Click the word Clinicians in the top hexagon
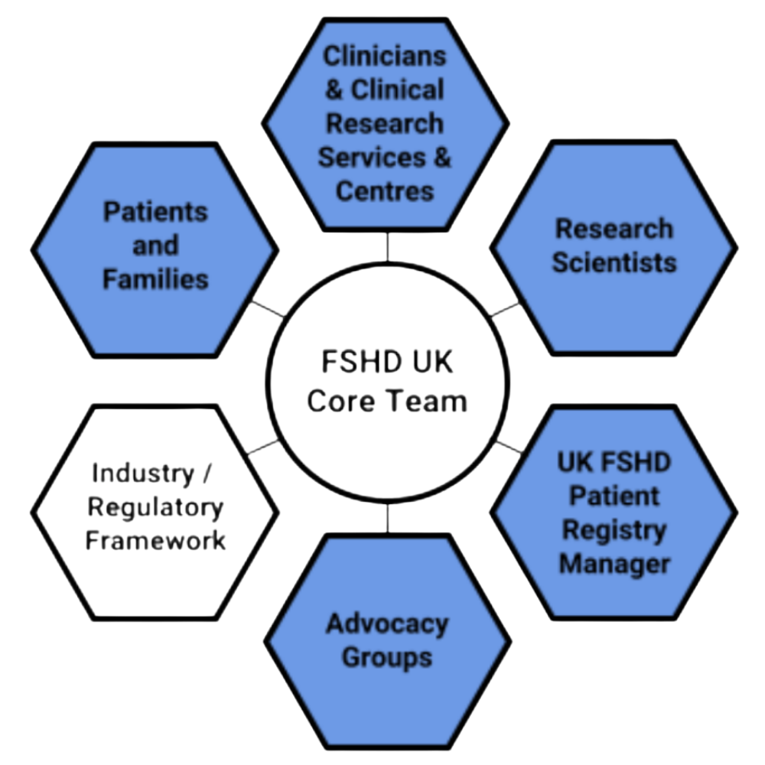coord(384,56)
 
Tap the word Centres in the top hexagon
coord(385,190)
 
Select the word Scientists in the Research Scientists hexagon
coord(614,262)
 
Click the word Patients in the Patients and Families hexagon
coord(155,212)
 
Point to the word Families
coord(155,279)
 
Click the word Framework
coord(155,541)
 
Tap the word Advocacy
coord(387,623)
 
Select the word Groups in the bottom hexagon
coord(387,657)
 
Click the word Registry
coord(614,530)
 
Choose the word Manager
coord(614,565)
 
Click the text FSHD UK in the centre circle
coord(387,363)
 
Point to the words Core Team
coord(387,401)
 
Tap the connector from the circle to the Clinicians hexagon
coord(387,246)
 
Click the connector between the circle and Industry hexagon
coord(264,446)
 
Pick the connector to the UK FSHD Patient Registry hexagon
coord(508,446)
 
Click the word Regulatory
coord(155,507)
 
